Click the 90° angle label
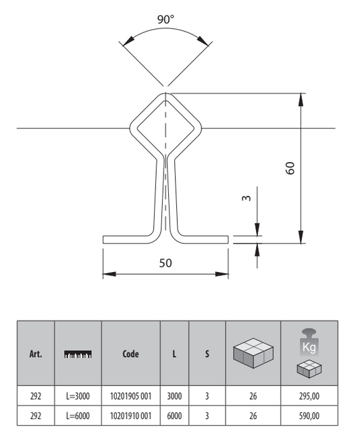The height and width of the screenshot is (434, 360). point(166,20)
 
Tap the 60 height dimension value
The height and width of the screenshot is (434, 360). point(290,168)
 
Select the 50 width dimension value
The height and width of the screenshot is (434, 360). point(165,263)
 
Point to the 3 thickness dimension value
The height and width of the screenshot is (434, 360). point(246,198)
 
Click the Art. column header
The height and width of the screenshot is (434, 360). point(36,354)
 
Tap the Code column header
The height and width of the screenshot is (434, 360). point(131,354)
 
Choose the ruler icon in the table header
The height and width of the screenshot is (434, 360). point(78,354)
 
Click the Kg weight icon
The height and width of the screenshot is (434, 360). point(309,342)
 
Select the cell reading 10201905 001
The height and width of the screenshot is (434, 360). point(131,396)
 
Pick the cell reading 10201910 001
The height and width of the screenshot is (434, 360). point(131,416)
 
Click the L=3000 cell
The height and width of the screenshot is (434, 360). point(78,396)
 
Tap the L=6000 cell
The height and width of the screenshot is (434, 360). point(78,416)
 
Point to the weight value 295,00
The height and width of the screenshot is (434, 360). point(309,396)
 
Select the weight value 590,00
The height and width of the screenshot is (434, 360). point(309,416)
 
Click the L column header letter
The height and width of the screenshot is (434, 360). point(174,354)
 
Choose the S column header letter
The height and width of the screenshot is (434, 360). point(207,354)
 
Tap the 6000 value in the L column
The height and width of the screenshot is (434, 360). point(174,416)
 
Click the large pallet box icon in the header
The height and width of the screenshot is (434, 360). point(253,352)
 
